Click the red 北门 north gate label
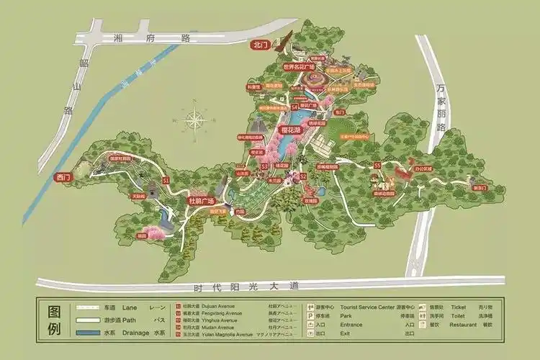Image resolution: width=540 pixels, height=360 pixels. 261,45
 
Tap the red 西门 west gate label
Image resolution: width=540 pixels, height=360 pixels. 63,177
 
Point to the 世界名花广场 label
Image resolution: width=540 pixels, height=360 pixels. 300,66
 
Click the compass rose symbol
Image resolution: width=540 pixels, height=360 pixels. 194,120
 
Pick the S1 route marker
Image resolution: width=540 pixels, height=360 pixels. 166,179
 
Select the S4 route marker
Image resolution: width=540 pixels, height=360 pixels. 294,107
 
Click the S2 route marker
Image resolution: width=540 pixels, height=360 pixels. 303,175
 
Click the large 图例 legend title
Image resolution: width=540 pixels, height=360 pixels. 54,320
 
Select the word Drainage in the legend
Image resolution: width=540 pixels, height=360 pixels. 135,333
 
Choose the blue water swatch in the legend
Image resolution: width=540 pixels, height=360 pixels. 89,333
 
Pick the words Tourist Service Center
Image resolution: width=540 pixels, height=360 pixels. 369,307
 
